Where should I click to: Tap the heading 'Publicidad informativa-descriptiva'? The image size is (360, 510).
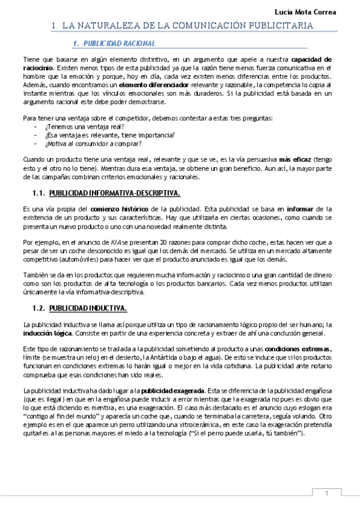114,192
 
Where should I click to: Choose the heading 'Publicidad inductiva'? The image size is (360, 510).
88,308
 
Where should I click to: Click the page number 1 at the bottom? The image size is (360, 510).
327,493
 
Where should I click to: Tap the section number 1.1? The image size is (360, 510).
38,192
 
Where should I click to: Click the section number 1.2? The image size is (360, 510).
38,308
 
